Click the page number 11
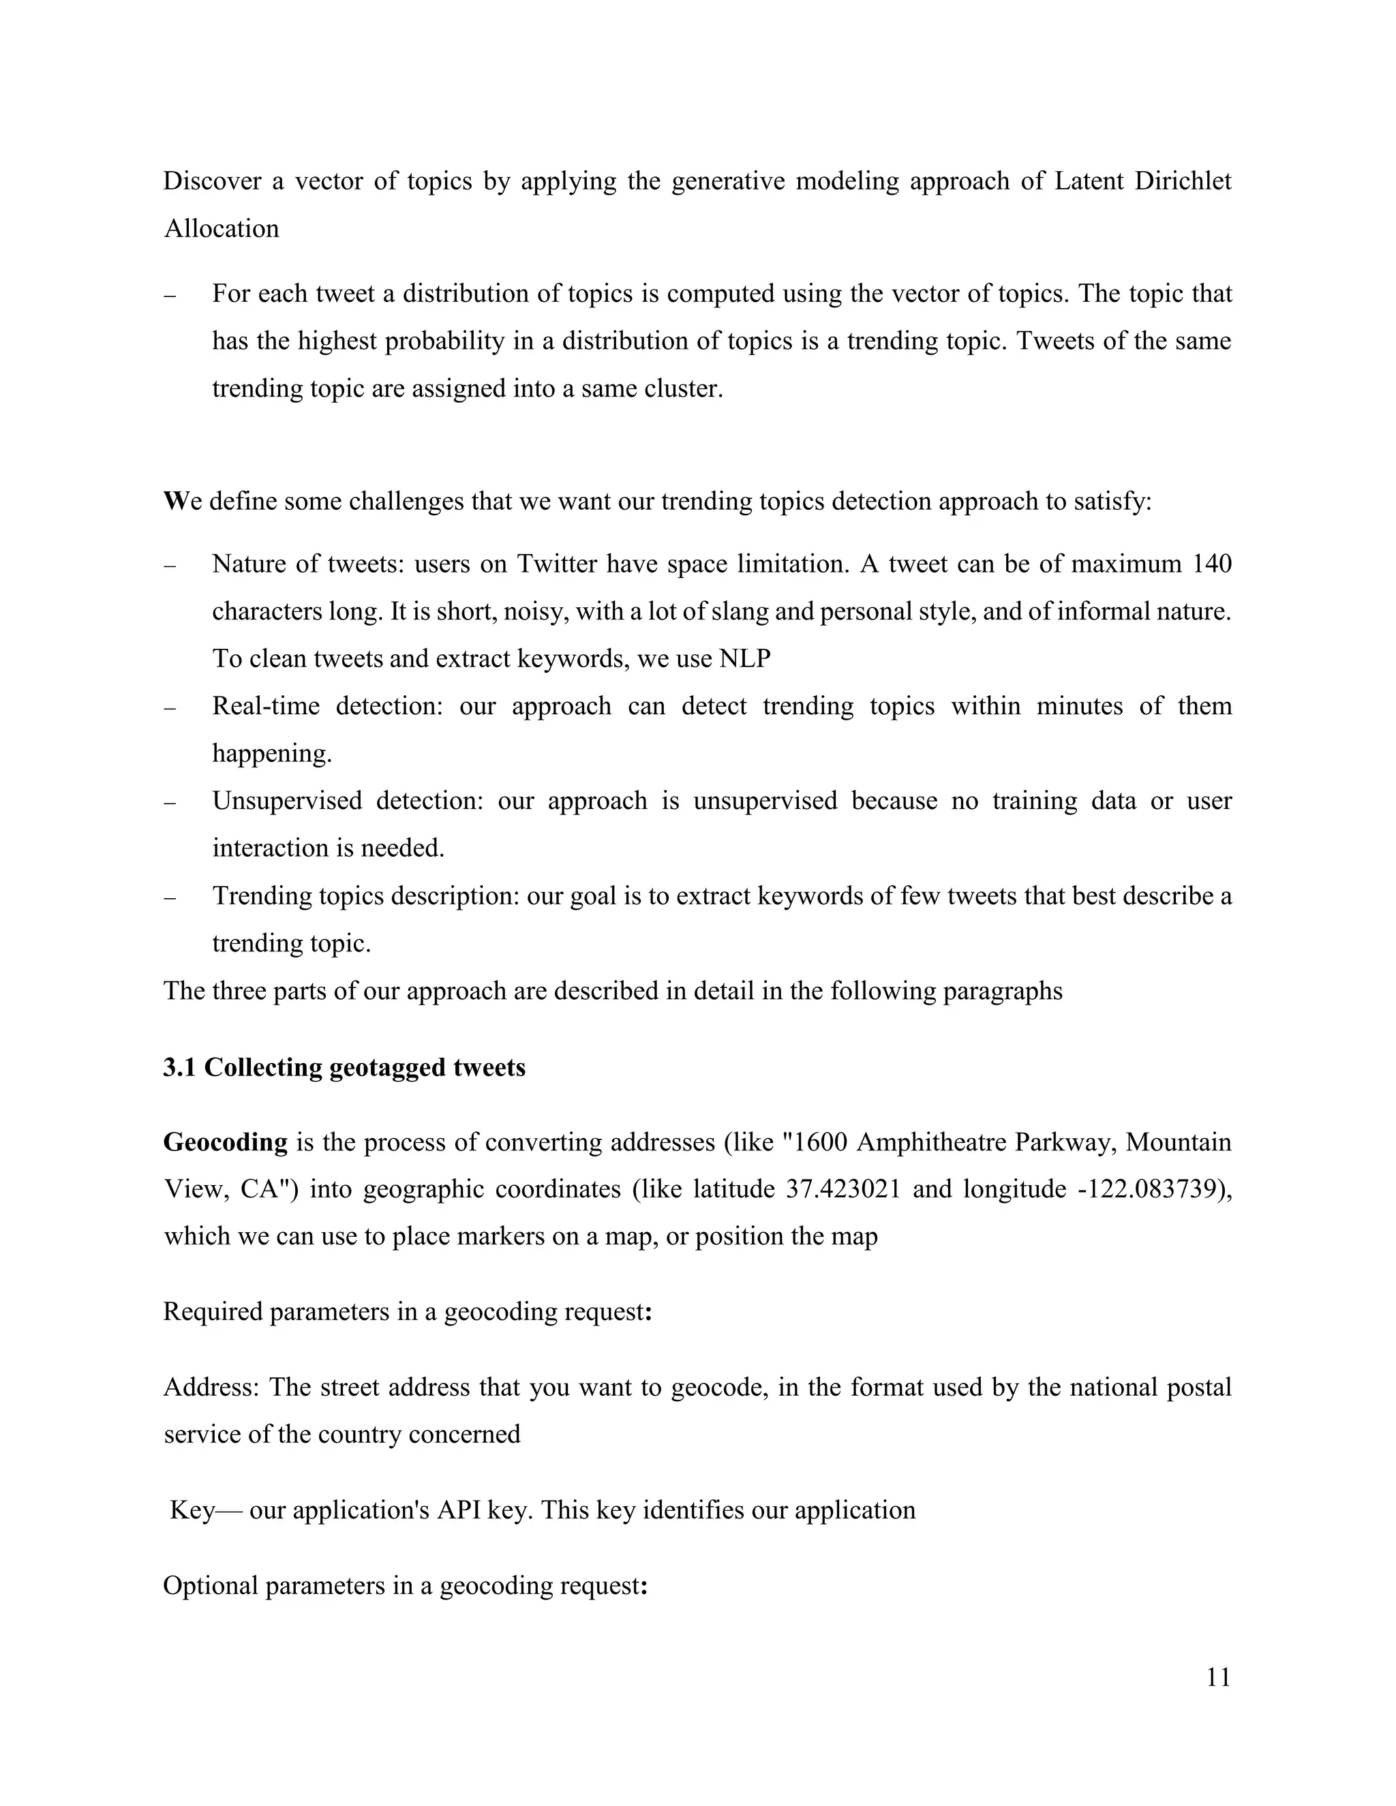pyautogui.click(x=1218, y=1677)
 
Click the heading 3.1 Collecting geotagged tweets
pyautogui.click(x=344, y=1067)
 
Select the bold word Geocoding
pyautogui.click(x=225, y=1142)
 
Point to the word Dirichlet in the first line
pyautogui.click(x=1183, y=181)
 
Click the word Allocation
pyautogui.click(x=221, y=228)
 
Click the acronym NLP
pyautogui.click(x=744, y=659)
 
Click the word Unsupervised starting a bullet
pyautogui.click(x=287, y=801)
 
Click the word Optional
pyautogui.click(x=209, y=1585)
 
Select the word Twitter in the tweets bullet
pyautogui.click(x=558, y=564)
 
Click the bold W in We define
pyautogui.click(x=174, y=501)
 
